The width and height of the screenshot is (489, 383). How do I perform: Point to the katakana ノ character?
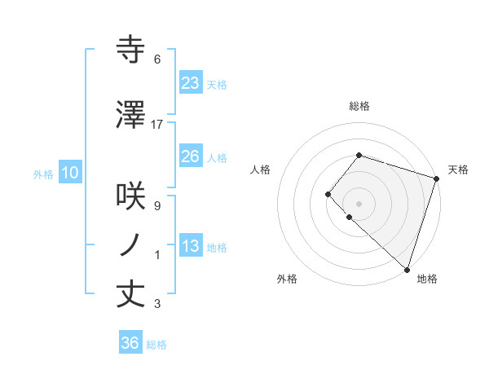[x=132, y=245]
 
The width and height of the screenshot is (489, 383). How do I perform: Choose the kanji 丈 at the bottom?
[x=132, y=293]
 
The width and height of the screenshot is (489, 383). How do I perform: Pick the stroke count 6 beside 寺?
[x=157, y=59]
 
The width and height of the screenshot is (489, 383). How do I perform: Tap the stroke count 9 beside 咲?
[x=157, y=206]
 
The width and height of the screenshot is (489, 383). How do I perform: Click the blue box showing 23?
[x=190, y=82]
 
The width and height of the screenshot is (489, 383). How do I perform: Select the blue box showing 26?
[x=190, y=156]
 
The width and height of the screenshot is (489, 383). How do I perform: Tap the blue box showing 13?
[x=190, y=246]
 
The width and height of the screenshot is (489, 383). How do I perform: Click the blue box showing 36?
[x=130, y=343]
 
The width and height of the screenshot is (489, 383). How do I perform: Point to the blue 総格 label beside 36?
[x=156, y=345]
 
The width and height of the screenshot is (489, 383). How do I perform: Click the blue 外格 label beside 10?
[x=43, y=174]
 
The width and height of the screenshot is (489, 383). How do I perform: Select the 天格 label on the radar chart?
[x=458, y=169]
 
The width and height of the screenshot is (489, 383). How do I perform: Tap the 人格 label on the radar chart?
[x=260, y=169]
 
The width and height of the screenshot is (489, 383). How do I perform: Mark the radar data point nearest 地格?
[x=407, y=269]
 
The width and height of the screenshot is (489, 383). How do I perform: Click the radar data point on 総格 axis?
[x=359, y=155]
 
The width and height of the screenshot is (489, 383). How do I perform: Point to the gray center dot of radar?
[x=359, y=203]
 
